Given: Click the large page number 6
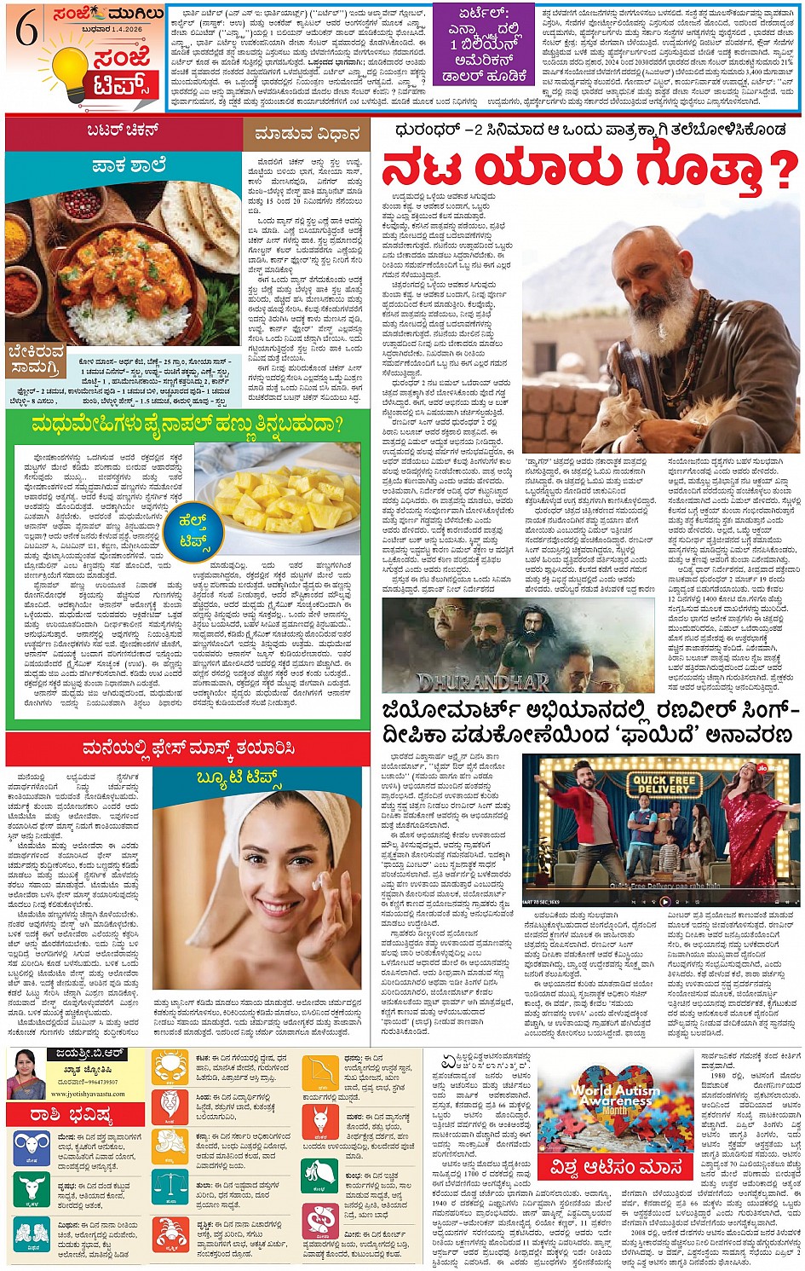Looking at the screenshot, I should (x=26, y=32).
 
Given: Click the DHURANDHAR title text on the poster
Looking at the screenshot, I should (x=482, y=680).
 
